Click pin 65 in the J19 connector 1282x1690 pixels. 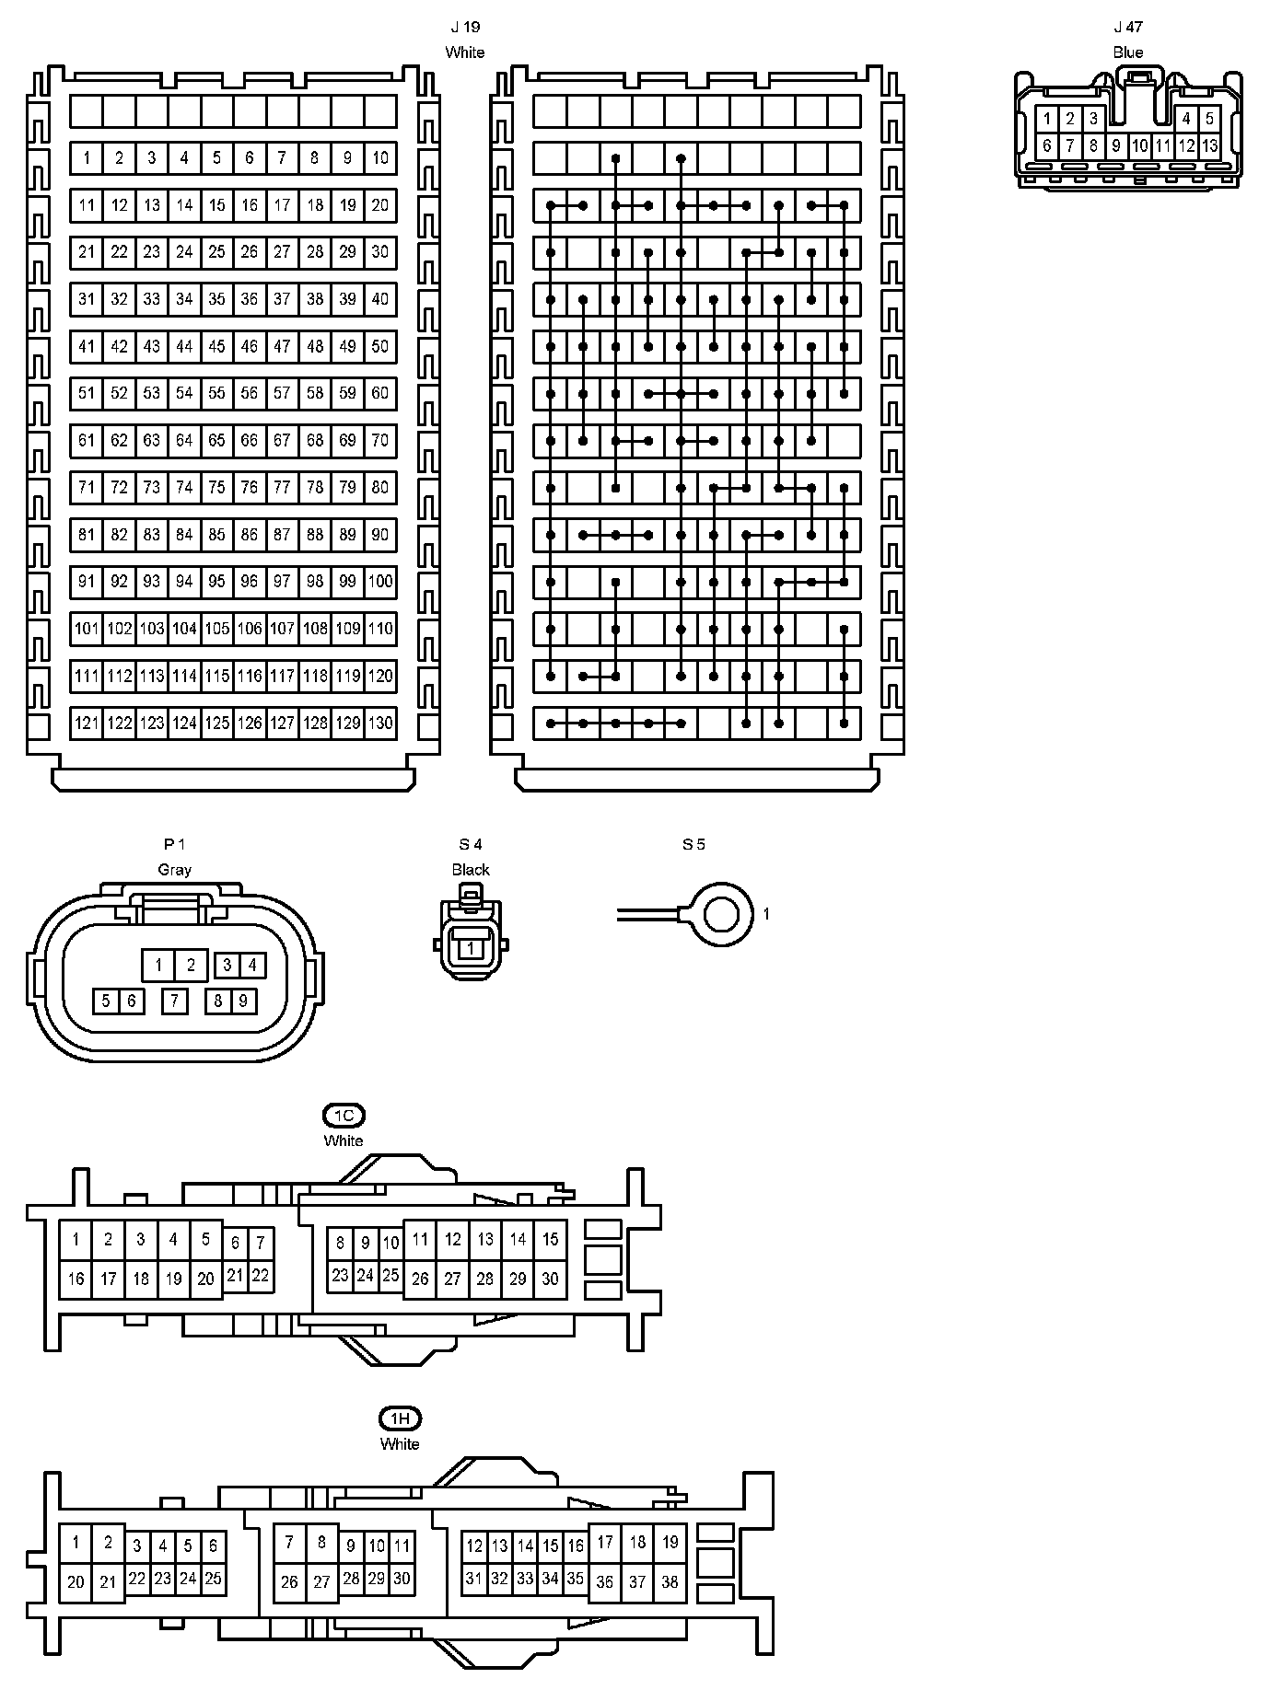pyautogui.click(x=216, y=440)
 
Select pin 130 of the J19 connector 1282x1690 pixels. pyautogui.click(x=380, y=723)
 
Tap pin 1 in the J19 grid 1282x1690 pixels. pyautogui.click(x=87, y=158)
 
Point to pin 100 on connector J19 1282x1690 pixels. pyautogui.click(x=380, y=581)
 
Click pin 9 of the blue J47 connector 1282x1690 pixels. pyautogui.click(x=1116, y=145)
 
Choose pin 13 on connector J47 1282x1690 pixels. pyautogui.click(x=1209, y=145)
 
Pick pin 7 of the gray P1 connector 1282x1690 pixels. pyautogui.click(x=175, y=1001)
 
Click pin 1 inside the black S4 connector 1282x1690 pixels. pyautogui.click(x=471, y=947)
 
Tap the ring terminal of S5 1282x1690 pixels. pyautogui.click(x=720, y=914)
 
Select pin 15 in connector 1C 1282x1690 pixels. pyautogui.click(x=551, y=1239)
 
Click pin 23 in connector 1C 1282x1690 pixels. pyautogui.click(x=340, y=1275)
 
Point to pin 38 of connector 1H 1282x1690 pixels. pyautogui.click(x=670, y=1581)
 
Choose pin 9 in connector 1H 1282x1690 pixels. pyautogui.click(x=351, y=1545)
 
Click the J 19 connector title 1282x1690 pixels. pyautogui.click(x=465, y=28)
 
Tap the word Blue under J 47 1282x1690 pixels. pyautogui.click(x=1128, y=52)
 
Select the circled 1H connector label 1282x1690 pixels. pyautogui.click(x=400, y=1418)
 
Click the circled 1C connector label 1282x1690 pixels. pyautogui.click(x=344, y=1116)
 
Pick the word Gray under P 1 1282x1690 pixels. pyautogui.click(x=175, y=869)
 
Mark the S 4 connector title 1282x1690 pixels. pyautogui.click(x=471, y=844)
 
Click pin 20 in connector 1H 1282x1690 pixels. pyautogui.click(x=76, y=1581)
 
